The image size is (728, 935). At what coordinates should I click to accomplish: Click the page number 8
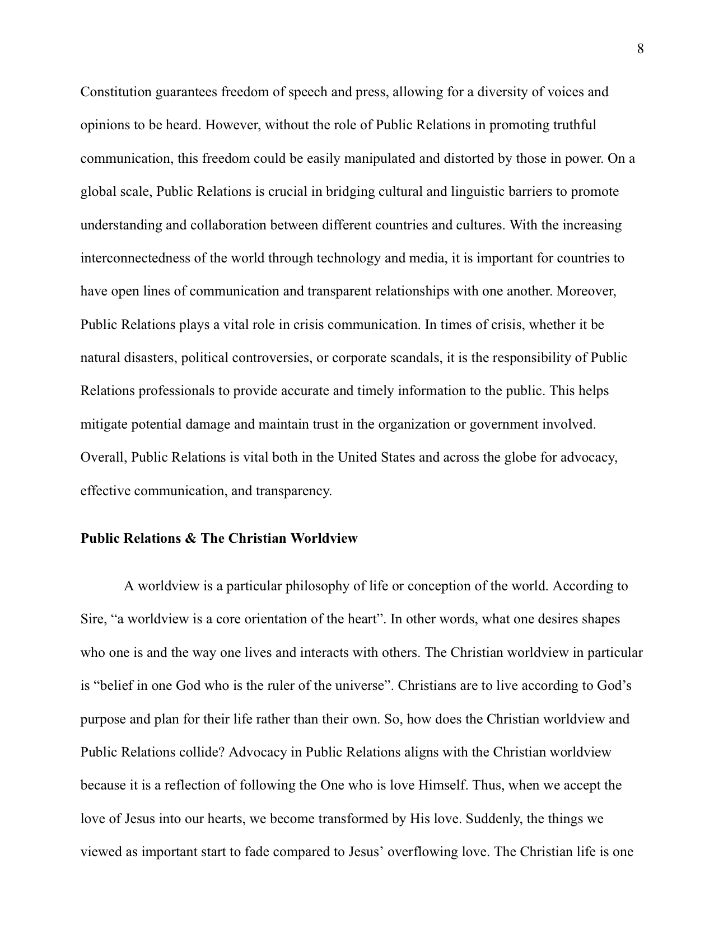[641, 49]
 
